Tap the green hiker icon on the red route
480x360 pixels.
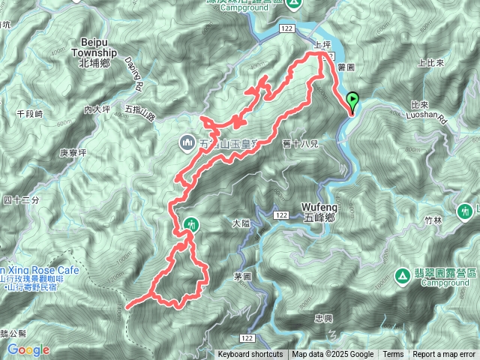pyautogui.click(x=192, y=223)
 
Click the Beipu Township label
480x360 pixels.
pyautogui.click(x=94, y=54)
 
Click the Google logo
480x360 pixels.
pyautogui.click(x=28, y=349)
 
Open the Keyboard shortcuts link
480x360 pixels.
pyautogui.click(x=250, y=355)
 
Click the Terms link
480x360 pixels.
pyautogui.click(x=392, y=355)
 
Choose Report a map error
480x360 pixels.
pyautogui.click(x=444, y=355)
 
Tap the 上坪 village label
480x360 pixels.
pyautogui.click(x=321, y=45)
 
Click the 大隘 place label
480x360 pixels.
pyautogui.click(x=241, y=223)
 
